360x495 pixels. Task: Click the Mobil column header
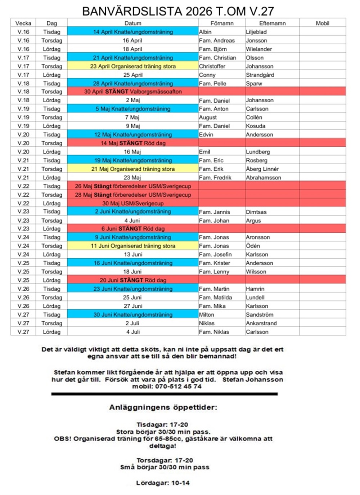[322, 23]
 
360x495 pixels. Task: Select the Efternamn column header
[272, 23]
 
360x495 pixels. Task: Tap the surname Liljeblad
[256, 32]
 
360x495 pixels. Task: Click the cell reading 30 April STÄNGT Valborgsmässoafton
[133, 92]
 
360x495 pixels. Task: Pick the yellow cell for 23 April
[133, 66]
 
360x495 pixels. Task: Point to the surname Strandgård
[260, 75]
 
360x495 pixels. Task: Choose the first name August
[208, 117]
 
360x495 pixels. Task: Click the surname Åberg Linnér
[262, 169]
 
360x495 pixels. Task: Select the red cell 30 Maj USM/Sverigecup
[133, 203]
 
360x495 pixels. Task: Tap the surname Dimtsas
[256, 212]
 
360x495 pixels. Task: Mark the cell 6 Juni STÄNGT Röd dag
[133, 228]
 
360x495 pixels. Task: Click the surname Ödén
[253, 246]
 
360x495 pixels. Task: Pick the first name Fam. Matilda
[215, 298]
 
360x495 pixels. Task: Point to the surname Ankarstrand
[261, 323]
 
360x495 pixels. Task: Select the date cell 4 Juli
[133, 332]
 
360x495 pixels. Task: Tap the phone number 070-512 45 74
[178, 386]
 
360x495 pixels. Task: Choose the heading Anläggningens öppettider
[163, 407]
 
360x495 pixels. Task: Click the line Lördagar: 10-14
[163, 483]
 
